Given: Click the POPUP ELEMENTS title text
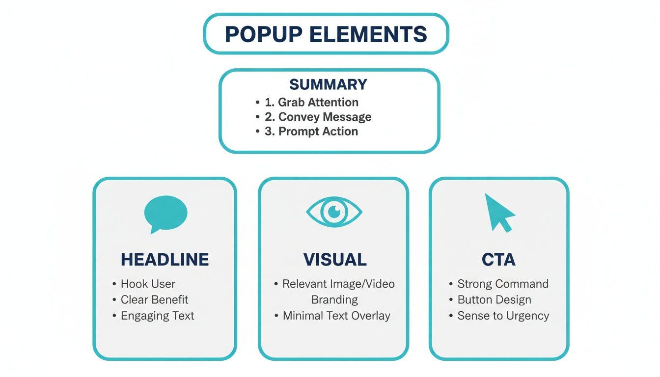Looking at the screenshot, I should (x=326, y=34).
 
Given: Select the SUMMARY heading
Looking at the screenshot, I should (x=328, y=84).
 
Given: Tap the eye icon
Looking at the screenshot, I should (x=334, y=212).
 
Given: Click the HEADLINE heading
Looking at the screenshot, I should (x=165, y=260).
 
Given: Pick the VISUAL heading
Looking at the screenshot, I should (x=334, y=260).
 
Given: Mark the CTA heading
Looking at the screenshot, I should (x=498, y=260).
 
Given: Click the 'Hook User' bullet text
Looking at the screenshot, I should (x=148, y=284).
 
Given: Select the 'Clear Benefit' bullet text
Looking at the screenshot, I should (x=154, y=299).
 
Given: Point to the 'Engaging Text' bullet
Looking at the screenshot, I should (x=157, y=316).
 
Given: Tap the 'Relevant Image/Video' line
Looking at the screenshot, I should (x=338, y=284).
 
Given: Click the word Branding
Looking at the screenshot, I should (x=334, y=299).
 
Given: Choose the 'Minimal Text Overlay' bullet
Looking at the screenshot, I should (x=336, y=316).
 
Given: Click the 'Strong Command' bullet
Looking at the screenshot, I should (x=503, y=284).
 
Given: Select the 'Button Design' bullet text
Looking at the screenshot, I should (x=494, y=299).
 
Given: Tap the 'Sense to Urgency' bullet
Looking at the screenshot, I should (x=503, y=316).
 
